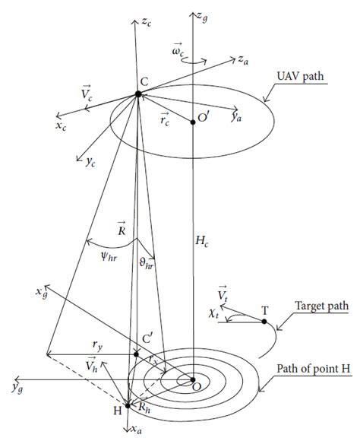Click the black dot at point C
pyautogui.click(x=138, y=94)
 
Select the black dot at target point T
pyautogui.click(x=264, y=322)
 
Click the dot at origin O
pyautogui.click(x=193, y=379)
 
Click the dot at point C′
pyautogui.click(x=137, y=354)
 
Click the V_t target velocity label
pyautogui.click(x=223, y=294)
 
